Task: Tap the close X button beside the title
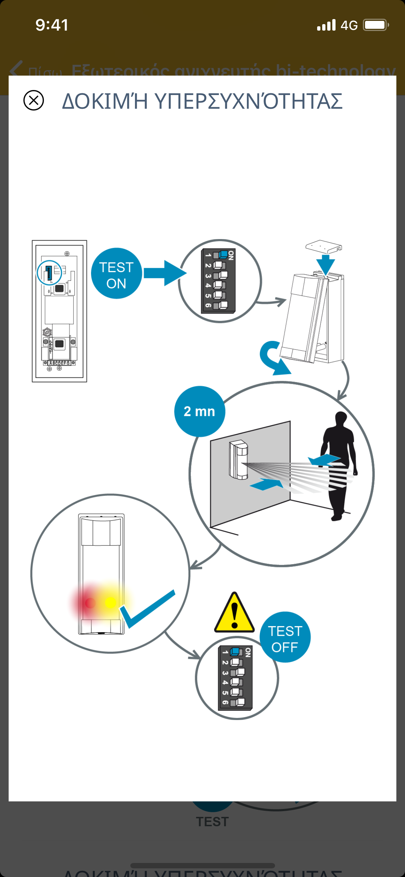[33, 100]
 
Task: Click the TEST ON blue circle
[116, 274]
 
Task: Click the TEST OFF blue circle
[285, 637]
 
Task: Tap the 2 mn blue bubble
[199, 411]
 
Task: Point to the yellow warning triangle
[234, 613]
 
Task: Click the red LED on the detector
[90, 602]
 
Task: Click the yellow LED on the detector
[111, 602]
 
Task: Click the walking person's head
[341, 419]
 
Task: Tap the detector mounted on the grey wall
[238, 460]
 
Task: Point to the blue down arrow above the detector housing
[326, 265]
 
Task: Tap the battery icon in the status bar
[375, 25]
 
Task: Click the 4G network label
[349, 26]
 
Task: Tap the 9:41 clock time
[52, 25]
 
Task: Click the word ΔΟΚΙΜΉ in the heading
[105, 101]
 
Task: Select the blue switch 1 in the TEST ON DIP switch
[223, 255]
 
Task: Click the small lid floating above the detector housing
[323, 247]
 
